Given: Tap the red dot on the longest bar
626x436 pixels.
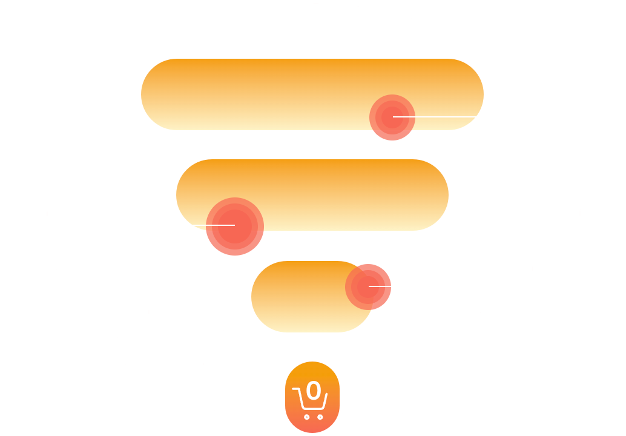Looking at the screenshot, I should point(392,117).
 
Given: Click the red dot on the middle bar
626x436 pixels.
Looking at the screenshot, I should point(234,226).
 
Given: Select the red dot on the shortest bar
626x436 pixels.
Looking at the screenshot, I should point(368,286).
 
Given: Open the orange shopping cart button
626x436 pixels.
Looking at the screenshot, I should point(312,397).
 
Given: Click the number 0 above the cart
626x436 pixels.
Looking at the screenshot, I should point(313,391).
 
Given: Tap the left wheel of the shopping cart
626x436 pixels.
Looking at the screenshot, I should point(306,417).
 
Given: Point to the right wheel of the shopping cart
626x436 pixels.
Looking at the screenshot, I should point(320,417).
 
